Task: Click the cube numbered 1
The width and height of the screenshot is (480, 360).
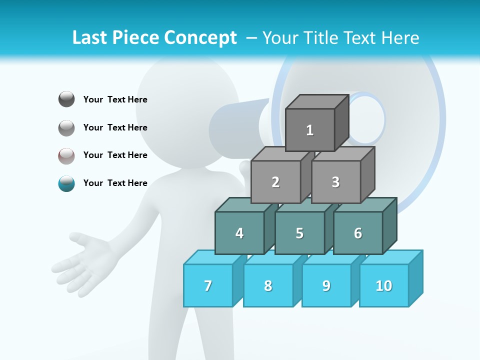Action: [310, 130]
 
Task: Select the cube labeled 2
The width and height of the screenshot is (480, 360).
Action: [275, 182]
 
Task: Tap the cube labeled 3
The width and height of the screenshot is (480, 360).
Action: [335, 182]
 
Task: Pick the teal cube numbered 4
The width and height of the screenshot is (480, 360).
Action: [239, 233]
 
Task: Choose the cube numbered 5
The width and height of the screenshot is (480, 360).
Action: [299, 233]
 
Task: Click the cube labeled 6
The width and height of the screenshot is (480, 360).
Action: [357, 233]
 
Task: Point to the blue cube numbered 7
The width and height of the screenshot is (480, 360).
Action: [208, 285]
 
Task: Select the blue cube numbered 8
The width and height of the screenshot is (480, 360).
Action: [268, 285]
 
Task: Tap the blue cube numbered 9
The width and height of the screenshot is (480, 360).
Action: [326, 285]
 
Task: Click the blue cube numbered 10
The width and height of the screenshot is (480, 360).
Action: [383, 285]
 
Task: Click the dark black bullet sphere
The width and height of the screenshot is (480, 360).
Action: [66, 99]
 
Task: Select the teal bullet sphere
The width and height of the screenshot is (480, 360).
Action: [66, 183]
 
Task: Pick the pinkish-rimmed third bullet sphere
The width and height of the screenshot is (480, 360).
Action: [66, 155]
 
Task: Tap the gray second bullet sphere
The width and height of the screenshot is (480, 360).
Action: [66, 128]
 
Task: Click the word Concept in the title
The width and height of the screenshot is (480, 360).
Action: [200, 38]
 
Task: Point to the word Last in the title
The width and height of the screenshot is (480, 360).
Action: [91, 38]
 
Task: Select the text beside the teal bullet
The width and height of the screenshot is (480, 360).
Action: [115, 183]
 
